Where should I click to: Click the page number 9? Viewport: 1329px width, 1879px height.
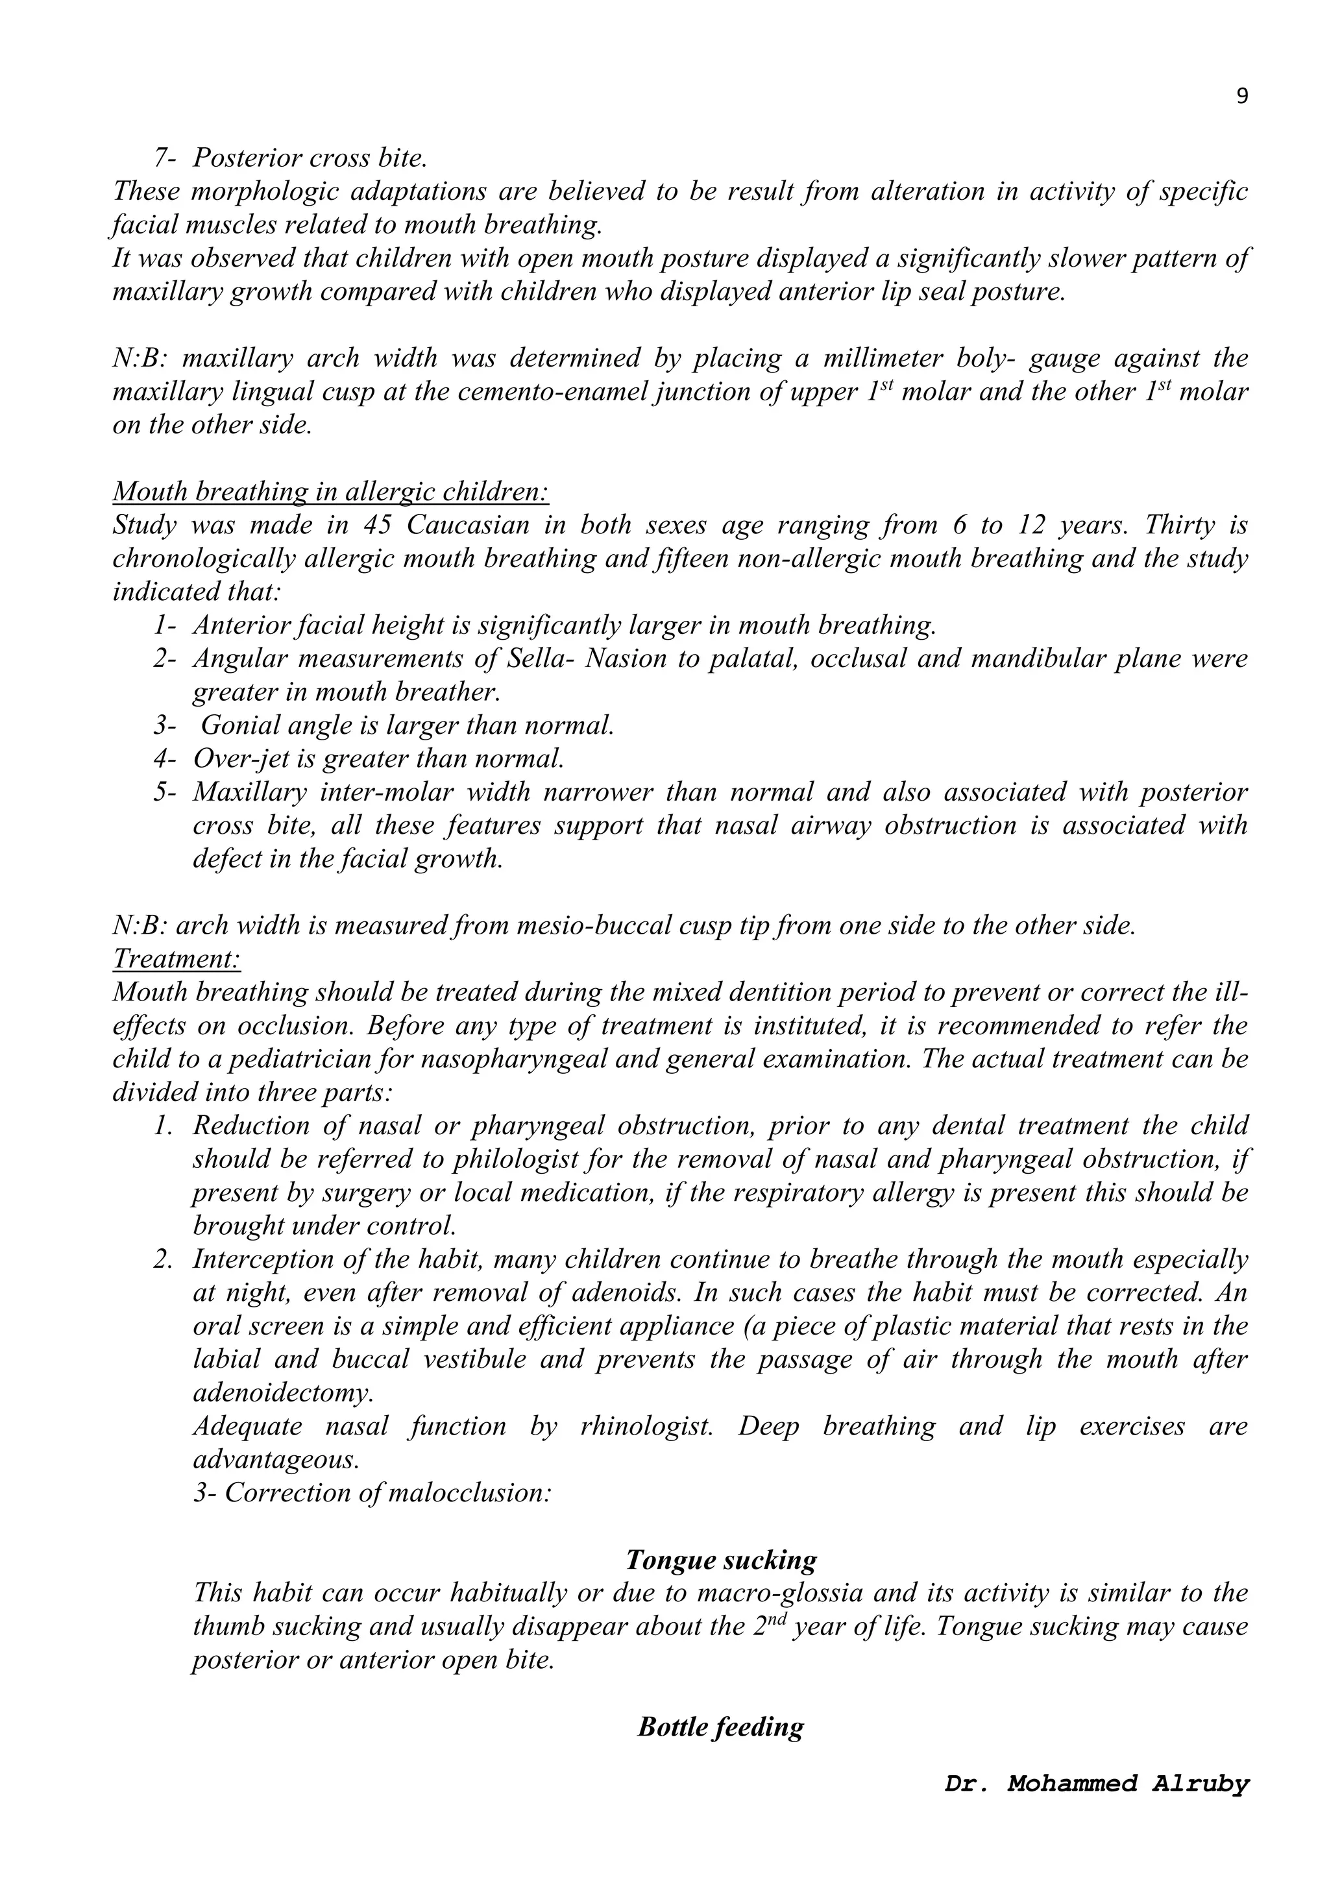click(x=1241, y=97)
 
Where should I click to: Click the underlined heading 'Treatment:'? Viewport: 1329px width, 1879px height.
click(x=177, y=958)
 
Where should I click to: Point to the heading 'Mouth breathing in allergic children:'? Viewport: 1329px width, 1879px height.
click(x=330, y=492)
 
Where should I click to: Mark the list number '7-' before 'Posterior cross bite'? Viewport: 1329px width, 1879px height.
click(x=164, y=158)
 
